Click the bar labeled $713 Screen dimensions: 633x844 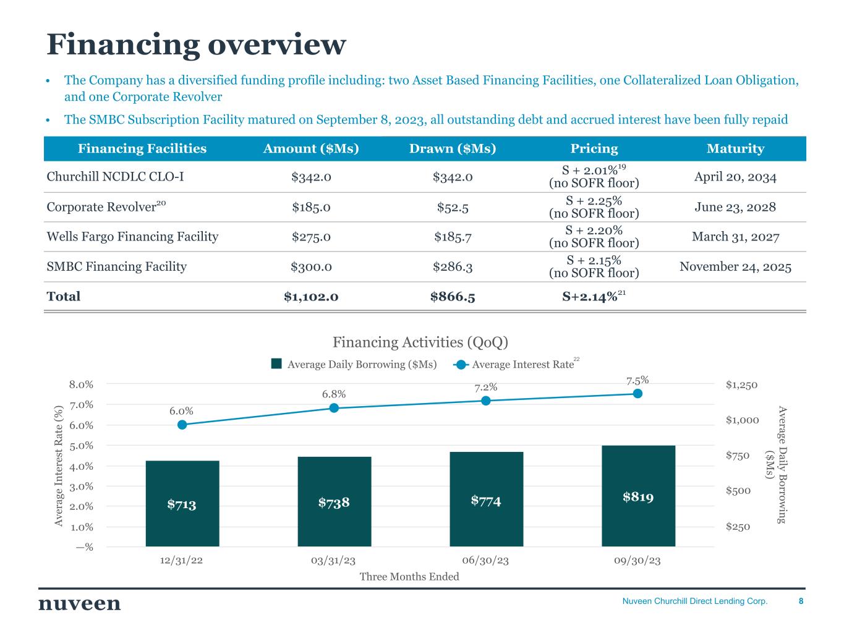pos(182,503)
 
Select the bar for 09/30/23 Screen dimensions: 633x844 pos(638,496)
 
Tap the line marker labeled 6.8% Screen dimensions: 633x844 pos(334,408)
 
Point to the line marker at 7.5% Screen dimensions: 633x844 pos(637,394)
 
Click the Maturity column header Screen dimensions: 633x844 pos(735,148)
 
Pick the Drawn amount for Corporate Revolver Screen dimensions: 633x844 pos(453,207)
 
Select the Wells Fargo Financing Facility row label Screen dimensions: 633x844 pos(132,237)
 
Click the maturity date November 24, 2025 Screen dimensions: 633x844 pos(735,266)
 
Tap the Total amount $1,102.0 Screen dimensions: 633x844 pos(311,297)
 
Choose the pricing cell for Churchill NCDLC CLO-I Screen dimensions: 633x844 pos(594,177)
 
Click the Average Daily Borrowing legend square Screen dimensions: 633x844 pos(276,364)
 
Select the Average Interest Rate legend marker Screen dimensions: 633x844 pos(461,364)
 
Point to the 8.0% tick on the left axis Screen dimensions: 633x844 pos(81,384)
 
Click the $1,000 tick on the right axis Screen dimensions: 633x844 pos(742,420)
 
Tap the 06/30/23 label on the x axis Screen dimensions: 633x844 pos(485,561)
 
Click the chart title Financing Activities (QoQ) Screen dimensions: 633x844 pos(420,342)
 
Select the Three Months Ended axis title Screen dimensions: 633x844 pos(409,577)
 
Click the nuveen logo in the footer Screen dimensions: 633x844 pos(80,603)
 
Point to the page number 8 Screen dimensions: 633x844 pos(801,601)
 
